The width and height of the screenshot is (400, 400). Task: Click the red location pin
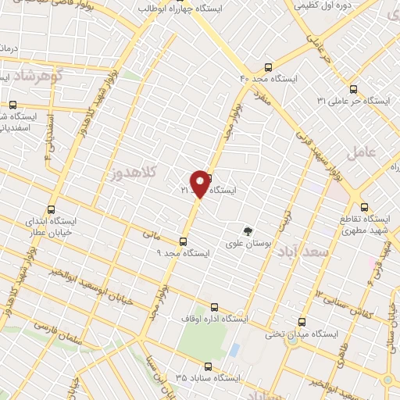point(200,183)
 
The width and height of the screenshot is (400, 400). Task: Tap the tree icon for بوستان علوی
point(248,231)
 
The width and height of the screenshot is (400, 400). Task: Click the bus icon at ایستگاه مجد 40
point(269,67)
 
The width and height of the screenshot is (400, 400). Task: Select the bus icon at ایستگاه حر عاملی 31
point(353,89)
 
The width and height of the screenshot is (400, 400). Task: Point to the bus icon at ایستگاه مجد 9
point(184,241)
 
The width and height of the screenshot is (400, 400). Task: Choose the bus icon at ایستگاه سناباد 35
point(206,365)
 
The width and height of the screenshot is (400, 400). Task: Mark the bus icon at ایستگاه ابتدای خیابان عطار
point(52,209)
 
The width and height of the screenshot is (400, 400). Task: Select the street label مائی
point(151,233)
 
